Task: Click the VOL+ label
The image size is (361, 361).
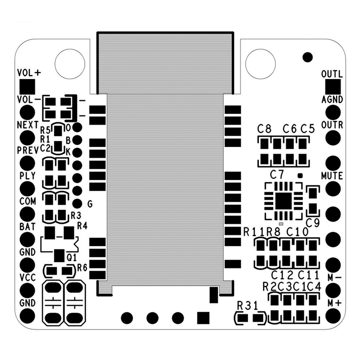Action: click(29, 73)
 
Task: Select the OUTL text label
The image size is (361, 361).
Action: click(332, 74)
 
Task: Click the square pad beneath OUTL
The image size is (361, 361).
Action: click(333, 87)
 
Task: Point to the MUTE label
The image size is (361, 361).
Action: click(332, 175)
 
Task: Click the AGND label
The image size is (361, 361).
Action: click(332, 99)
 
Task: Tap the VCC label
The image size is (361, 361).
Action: click(27, 277)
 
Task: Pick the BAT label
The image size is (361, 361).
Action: click(27, 226)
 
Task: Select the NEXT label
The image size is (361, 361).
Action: click(28, 125)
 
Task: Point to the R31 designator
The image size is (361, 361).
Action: click(248, 307)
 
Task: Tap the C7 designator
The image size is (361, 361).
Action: click(277, 174)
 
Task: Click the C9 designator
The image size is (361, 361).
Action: click(313, 223)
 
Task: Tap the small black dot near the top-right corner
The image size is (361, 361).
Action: click(308, 56)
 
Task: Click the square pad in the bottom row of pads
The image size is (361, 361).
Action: click(203, 318)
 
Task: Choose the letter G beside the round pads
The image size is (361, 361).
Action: click(90, 204)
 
